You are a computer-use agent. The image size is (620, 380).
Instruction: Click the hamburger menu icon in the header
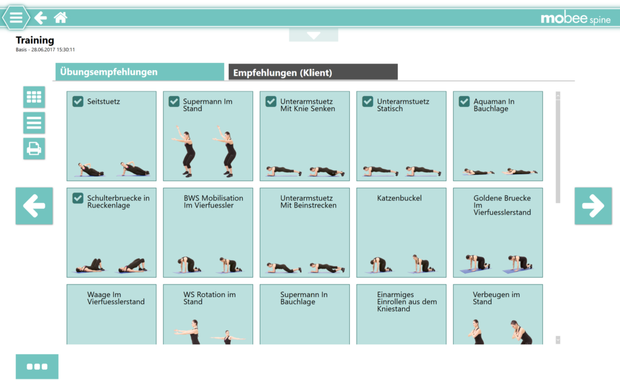[16, 18]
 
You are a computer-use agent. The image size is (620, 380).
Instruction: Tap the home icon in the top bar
[61, 18]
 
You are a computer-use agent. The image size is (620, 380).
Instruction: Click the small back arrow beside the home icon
[41, 18]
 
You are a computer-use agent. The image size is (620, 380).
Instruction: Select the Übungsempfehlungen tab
[139, 72]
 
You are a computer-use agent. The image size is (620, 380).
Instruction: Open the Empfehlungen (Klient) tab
[312, 73]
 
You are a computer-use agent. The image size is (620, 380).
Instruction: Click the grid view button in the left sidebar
[34, 97]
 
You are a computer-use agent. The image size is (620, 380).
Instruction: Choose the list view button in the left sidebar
[34, 123]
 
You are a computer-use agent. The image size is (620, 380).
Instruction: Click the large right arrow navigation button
[593, 206]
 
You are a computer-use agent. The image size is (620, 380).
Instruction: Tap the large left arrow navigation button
[34, 206]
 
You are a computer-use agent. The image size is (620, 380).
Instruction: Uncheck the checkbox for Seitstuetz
[77, 102]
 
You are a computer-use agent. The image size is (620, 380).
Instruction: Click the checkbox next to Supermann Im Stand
[174, 102]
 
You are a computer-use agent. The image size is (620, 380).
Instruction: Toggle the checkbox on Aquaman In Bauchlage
[464, 102]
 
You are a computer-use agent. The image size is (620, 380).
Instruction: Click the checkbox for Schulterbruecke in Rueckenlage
[77, 198]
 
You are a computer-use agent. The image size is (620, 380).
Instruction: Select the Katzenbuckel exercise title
[399, 198]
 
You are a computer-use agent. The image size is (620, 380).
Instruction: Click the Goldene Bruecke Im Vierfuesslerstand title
[502, 205]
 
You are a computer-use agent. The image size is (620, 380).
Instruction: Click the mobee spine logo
[575, 19]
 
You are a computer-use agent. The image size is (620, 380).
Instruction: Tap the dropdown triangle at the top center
[314, 35]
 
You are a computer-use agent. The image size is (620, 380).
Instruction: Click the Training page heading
[35, 41]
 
